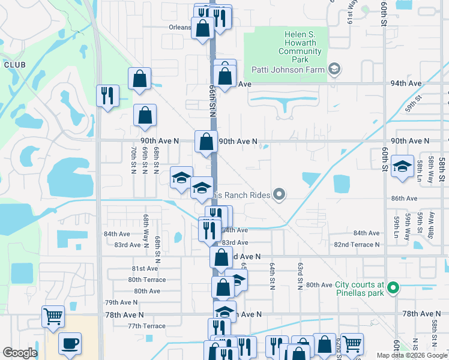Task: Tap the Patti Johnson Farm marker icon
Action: pos(335,70)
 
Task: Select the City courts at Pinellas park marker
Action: pos(393,289)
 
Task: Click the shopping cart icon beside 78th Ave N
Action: pos(53,316)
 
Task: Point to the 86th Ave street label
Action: pos(403,198)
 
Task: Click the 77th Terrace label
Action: pos(146,326)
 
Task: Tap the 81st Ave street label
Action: pos(145,269)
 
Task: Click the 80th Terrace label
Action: pos(146,280)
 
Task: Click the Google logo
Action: pos(20,353)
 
